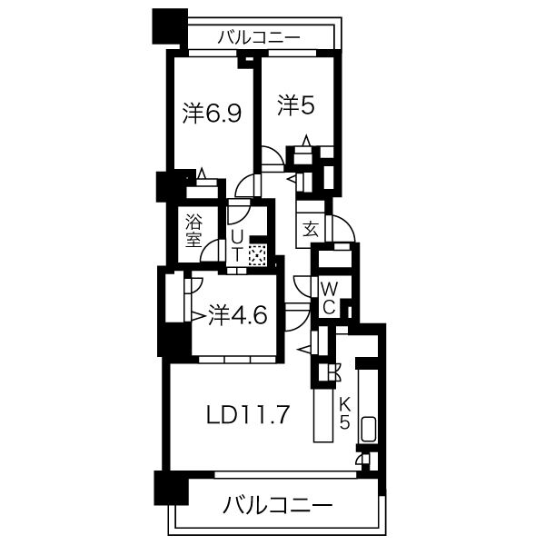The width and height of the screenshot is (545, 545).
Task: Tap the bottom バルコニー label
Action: point(278,504)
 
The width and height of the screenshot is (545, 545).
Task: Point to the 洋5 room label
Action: point(296,106)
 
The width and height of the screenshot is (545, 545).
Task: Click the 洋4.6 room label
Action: point(237,315)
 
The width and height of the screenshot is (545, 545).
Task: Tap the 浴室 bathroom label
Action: point(193,231)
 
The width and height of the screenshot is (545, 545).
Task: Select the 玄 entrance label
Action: point(310,229)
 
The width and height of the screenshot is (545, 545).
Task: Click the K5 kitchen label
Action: point(345,414)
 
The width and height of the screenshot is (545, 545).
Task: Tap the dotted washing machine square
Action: point(258,254)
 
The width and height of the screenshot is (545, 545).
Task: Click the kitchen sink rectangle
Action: point(369,430)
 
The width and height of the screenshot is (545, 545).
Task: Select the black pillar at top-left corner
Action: point(168,27)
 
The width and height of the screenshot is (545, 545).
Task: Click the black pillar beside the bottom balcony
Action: point(167,490)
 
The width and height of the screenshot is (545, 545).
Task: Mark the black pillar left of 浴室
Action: point(168,187)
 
